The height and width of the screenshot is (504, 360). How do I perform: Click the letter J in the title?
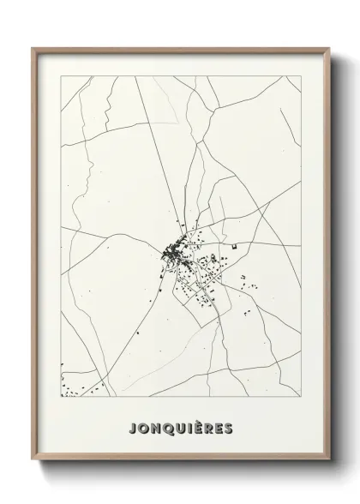132,428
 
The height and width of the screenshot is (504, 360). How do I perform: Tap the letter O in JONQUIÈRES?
143,428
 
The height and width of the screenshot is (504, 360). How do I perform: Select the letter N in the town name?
156,428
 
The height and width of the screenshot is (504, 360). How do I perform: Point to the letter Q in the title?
169,428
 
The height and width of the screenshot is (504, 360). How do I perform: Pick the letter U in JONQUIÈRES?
182,428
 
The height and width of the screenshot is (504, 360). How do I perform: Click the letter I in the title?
191,428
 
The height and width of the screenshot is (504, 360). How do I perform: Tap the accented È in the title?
200,427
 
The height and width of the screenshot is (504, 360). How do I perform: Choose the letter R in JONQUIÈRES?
211,428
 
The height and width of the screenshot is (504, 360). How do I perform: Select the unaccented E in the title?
221,428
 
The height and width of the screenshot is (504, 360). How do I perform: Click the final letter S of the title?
231,428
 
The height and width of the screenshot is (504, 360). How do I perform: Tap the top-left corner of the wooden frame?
33,49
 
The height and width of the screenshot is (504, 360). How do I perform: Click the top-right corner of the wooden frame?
327,49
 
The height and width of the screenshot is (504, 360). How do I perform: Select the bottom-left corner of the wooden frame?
33,471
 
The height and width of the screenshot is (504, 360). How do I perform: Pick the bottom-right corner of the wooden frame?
327,471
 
